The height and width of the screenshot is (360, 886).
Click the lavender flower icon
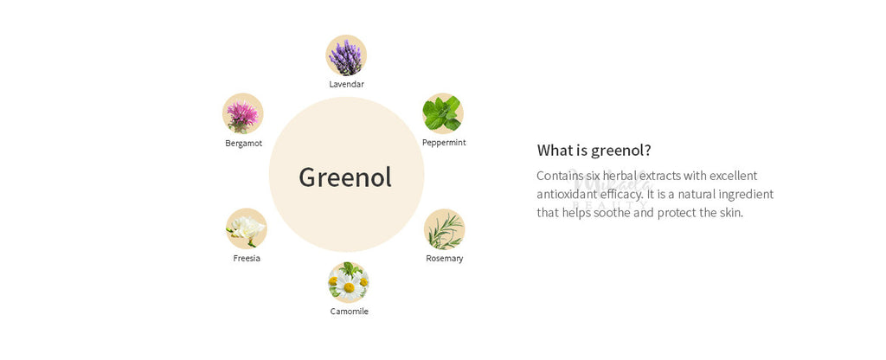click(x=346, y=55)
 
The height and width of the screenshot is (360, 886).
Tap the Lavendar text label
click(x=346, y=84)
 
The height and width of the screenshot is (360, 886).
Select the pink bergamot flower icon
click(x=242, y=113)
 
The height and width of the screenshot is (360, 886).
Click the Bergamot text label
click(x=243, y=144)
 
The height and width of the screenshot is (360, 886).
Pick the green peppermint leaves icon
click(x=443, y=113)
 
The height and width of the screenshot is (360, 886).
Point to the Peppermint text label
click(x=444, y=143)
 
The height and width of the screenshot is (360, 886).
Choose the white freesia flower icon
click(x=247, y=228)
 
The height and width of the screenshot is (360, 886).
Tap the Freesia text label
click(x=247, y=258)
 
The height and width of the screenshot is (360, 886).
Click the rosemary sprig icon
click(x=444, y=229)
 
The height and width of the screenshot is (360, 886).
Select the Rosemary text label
click(x=444, y=259)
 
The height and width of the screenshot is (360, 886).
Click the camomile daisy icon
click(x=349, y=282)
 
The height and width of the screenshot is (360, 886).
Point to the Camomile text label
click(x=350, y=312)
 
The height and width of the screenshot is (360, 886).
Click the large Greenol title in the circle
click(x=345, y=177)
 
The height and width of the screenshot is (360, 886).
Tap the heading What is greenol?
click(x=594, y=151)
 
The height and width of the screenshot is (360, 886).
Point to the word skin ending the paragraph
click(x=731, y=213)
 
